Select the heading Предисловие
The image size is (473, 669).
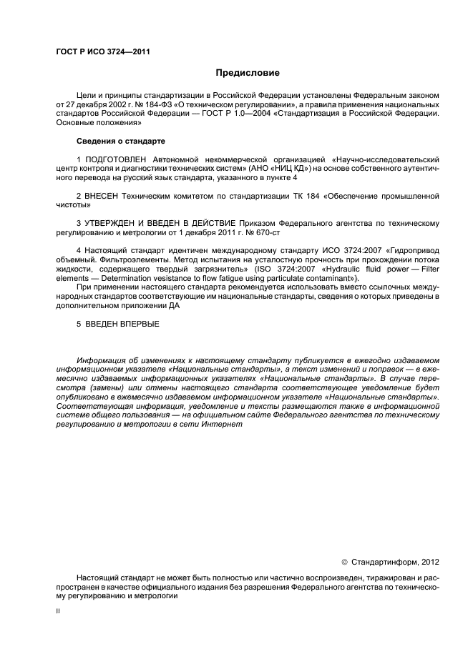248,73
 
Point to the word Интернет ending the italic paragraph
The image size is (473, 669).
230,424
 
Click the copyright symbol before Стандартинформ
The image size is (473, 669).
344,563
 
